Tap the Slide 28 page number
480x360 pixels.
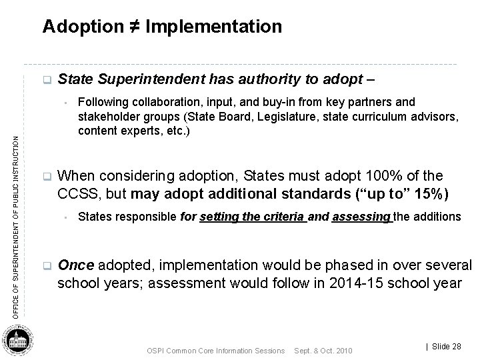point(443,346)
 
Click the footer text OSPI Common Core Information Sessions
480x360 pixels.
point(215,351)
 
